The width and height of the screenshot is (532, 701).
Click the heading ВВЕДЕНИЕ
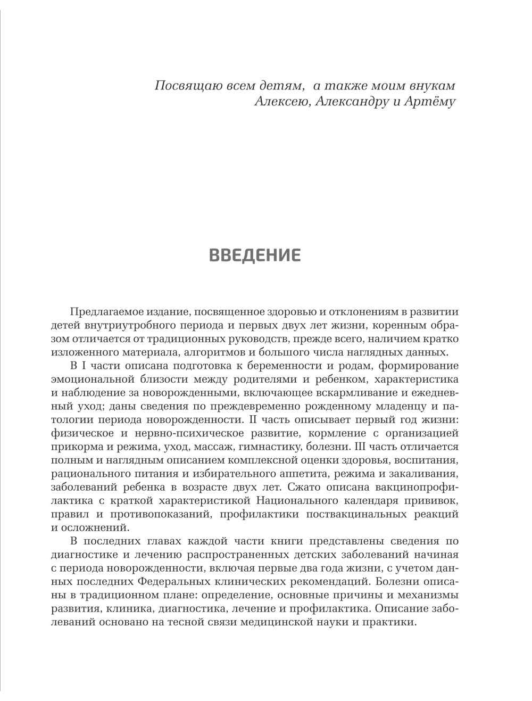[x=255, y=255]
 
